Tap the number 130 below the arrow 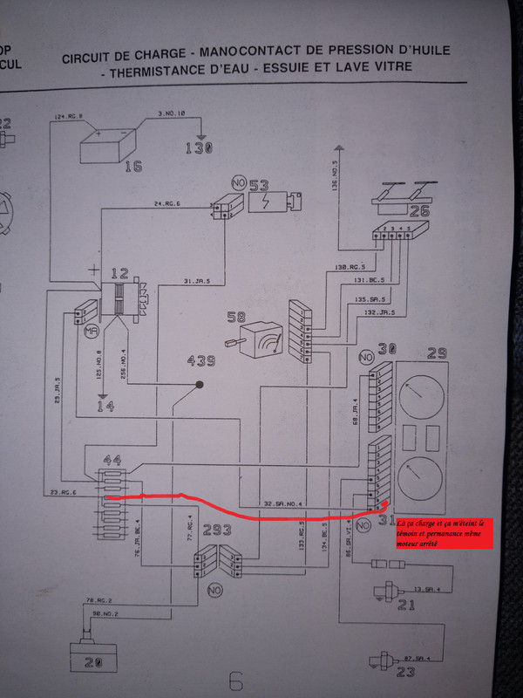pyautogui.click(x=200, y=149)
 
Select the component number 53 pyautogui.click(x=259, y=186)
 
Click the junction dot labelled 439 pyautogui.click(x=200, y=384)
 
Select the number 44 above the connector pyautogui.click(x=112, y=460)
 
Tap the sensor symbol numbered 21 pyautogui.click(x=380, y=593)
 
